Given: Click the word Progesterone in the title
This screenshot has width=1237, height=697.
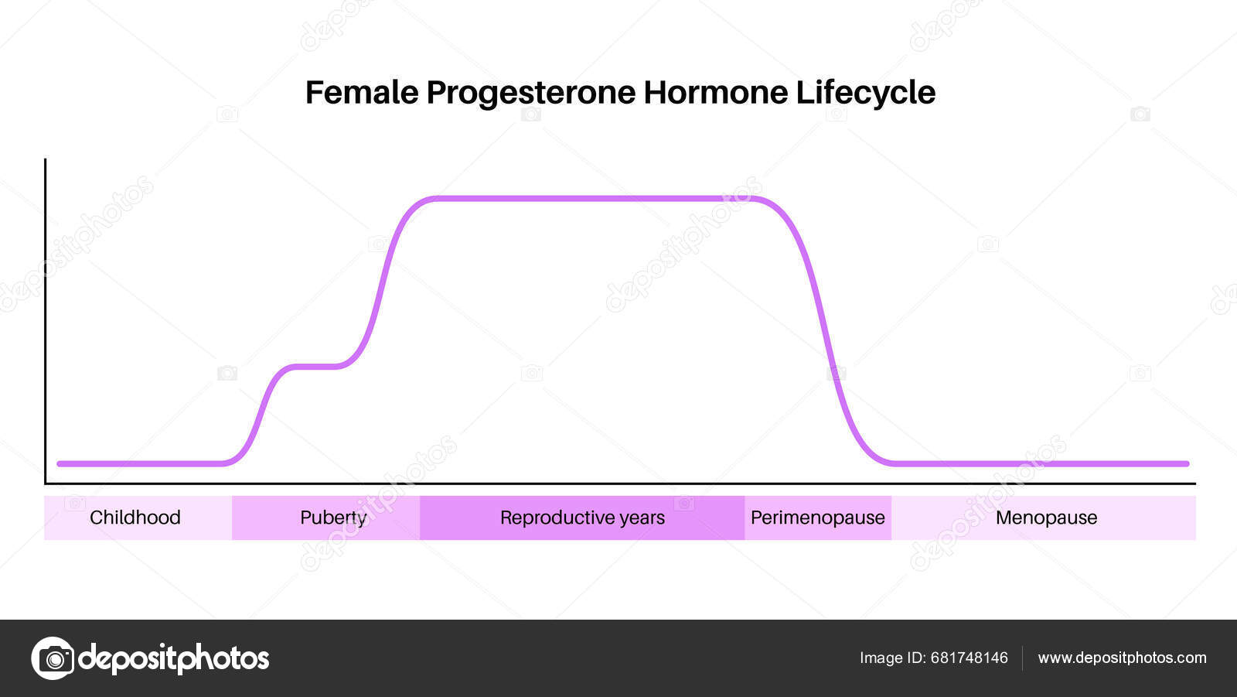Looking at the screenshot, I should pyautogui.click(x=532, y=93).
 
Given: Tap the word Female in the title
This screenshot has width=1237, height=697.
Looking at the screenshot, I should pyautogui.click(x=361, y=93).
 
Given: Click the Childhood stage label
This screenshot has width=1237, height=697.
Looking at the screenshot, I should pyautogui.click(x=135, y=518).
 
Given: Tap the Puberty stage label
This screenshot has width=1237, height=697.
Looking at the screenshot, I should pyautogui.click(x=333, y=518).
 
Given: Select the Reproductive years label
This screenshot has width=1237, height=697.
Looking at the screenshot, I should pyautogui.click(x=582, y=518).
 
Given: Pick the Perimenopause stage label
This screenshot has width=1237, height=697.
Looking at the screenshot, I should pyautogui.click(x=817, y=518).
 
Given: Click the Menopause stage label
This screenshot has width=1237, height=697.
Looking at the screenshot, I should pyautogui.click(x=1046, y=518).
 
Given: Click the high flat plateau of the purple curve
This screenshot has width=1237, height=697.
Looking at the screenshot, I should pyautogui.click(x=588, y=199).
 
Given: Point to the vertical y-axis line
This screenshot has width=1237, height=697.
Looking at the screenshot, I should pyautogui.click(x=46, y=309).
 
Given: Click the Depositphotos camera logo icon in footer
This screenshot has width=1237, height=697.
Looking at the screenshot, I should pyautogui.click(x=53, y=658).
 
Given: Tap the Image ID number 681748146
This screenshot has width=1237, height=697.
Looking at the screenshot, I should pyautogui.click(x=969, y=658).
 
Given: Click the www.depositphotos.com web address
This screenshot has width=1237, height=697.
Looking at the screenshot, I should pyautogui.click(x=1121, y=658).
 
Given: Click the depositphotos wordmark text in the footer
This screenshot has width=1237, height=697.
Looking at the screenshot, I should pyautogui.click(x=174, y=658).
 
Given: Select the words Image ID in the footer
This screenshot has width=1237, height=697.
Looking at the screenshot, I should pyautogui.click(x=892, y=658).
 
